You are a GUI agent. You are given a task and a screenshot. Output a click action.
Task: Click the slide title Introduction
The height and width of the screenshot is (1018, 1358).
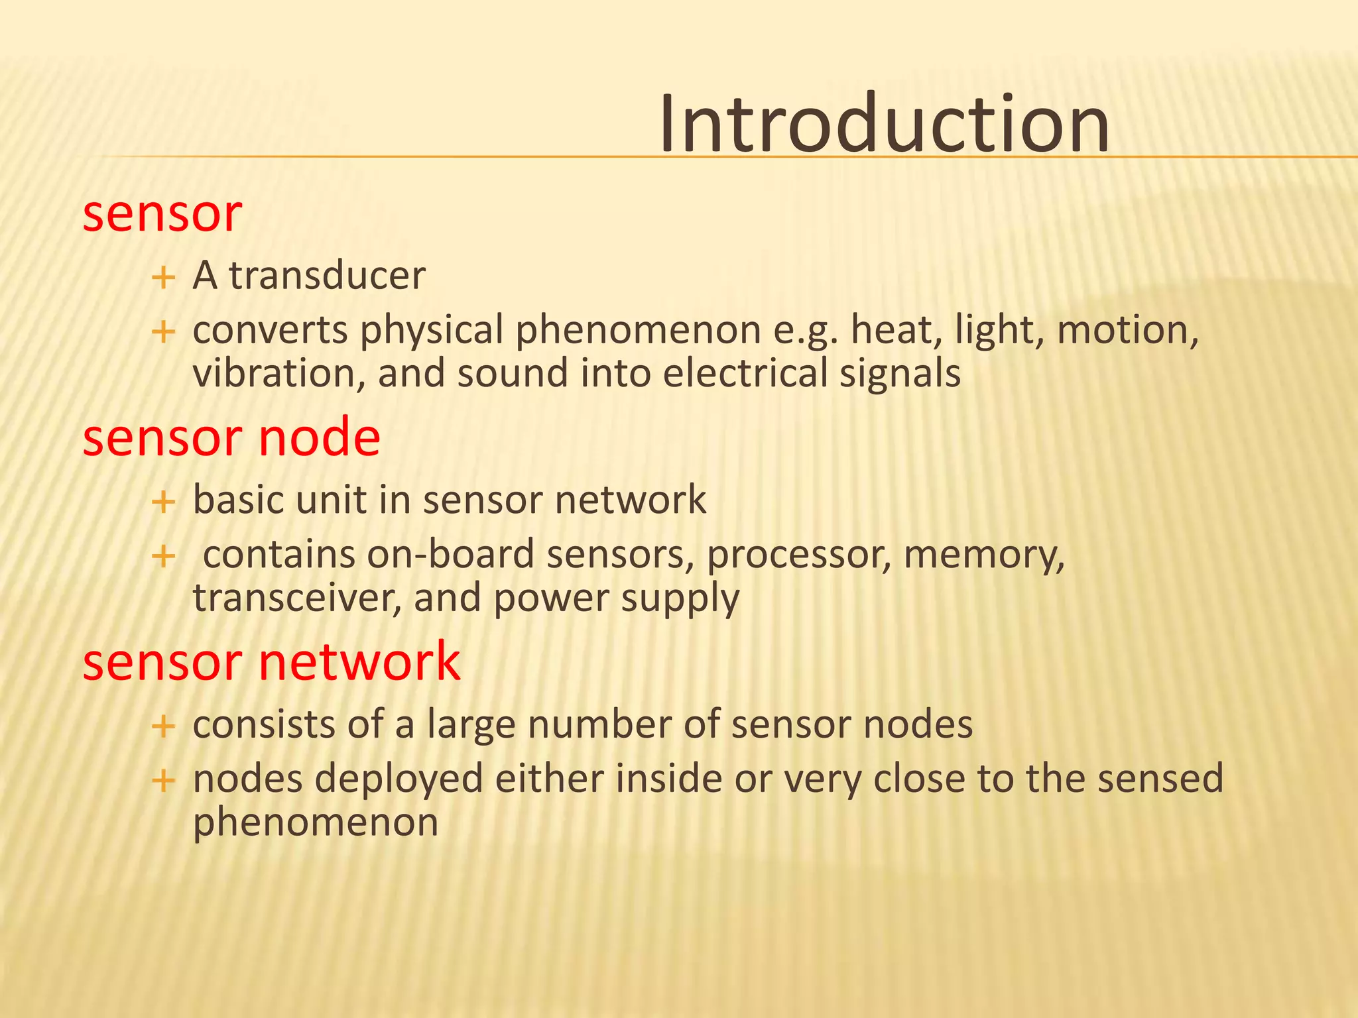[x=884, y=124]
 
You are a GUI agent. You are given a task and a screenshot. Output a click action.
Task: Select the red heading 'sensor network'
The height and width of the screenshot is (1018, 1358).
[x=271, y=662]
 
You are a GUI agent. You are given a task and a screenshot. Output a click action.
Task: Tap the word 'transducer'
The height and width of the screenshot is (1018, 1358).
[x=327, y=276]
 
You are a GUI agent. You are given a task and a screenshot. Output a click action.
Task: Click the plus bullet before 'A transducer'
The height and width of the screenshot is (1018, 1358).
[x=163, y=277]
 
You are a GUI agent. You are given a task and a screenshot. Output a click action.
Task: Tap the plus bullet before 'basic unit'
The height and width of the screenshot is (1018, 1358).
[x=163, y=502]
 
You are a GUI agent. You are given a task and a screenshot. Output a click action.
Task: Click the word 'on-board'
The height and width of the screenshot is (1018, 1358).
[x=450, y=555]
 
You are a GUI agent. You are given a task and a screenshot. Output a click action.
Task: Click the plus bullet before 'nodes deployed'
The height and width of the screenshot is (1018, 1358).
[x=163, y=781]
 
